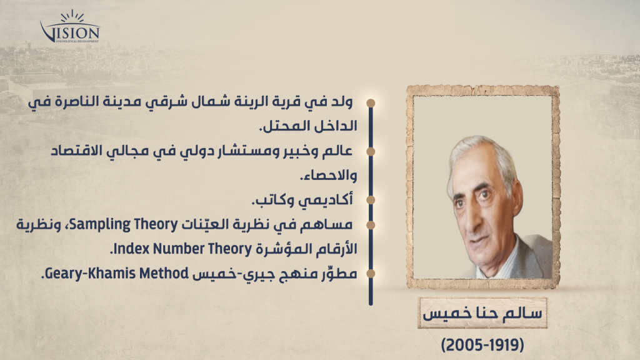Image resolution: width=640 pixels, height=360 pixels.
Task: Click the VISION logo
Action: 70,27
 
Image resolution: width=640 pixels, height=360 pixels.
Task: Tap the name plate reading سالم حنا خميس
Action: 482,313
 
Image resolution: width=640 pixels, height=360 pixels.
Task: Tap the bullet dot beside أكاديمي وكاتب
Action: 371,200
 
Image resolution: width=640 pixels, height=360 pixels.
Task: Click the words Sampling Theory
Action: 124,224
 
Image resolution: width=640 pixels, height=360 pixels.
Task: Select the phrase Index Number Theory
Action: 182,249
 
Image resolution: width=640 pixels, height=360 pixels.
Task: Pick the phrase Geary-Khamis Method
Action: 117,274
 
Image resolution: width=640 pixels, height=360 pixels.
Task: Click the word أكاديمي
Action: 326,200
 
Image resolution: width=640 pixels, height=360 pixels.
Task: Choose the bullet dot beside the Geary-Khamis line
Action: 371,274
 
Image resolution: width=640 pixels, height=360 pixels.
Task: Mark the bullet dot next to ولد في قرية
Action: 371,102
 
